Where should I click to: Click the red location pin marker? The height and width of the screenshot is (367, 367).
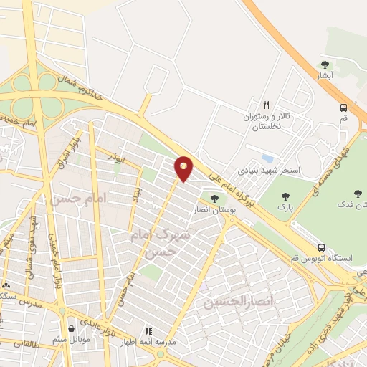tap(184, 168)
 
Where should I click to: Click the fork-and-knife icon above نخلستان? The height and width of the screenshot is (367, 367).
tap(266, 103)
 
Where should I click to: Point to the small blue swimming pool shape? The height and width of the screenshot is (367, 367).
tap(267, 158)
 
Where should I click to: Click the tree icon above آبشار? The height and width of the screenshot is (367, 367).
tap(326, 65)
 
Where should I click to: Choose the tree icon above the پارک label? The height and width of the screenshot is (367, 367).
tap(286, 196)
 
